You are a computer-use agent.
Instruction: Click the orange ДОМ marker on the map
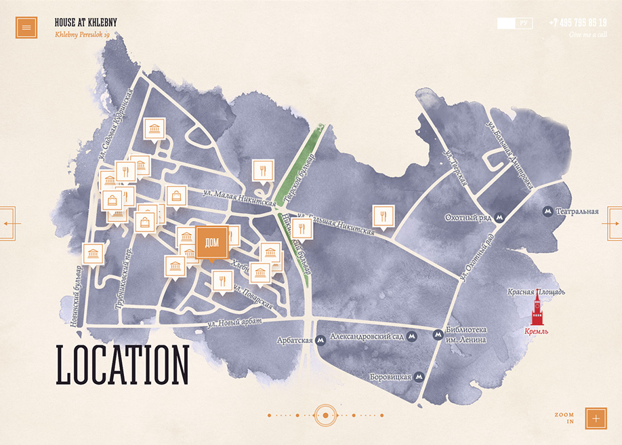[211, 243]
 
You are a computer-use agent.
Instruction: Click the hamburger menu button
[26, 27]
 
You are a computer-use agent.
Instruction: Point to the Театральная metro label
[577, 212]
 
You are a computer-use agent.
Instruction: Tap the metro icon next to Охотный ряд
[499, 218]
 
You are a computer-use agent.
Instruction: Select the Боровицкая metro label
[391, 376]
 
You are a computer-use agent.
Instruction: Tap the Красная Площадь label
[536, 292]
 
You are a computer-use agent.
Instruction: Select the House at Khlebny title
[85, 22]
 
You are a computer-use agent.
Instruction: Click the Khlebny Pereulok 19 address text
[82, 35]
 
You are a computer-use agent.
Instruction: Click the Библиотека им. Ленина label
[466, 334]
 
